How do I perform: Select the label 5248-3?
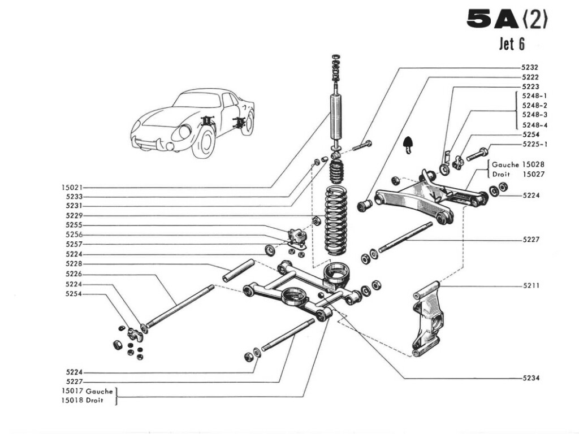pos(534,115)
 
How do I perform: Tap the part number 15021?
pos(72,187)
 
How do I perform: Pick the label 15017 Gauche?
pos(87,390)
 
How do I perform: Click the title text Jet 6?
pos(512,44)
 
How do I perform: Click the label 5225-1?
pos(534,144)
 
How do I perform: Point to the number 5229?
pos(74,216)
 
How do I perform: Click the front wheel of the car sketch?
pos(203,142)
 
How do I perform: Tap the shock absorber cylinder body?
pos(337,117)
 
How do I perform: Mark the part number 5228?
pos(74,264)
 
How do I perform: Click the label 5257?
pos(74,245)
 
